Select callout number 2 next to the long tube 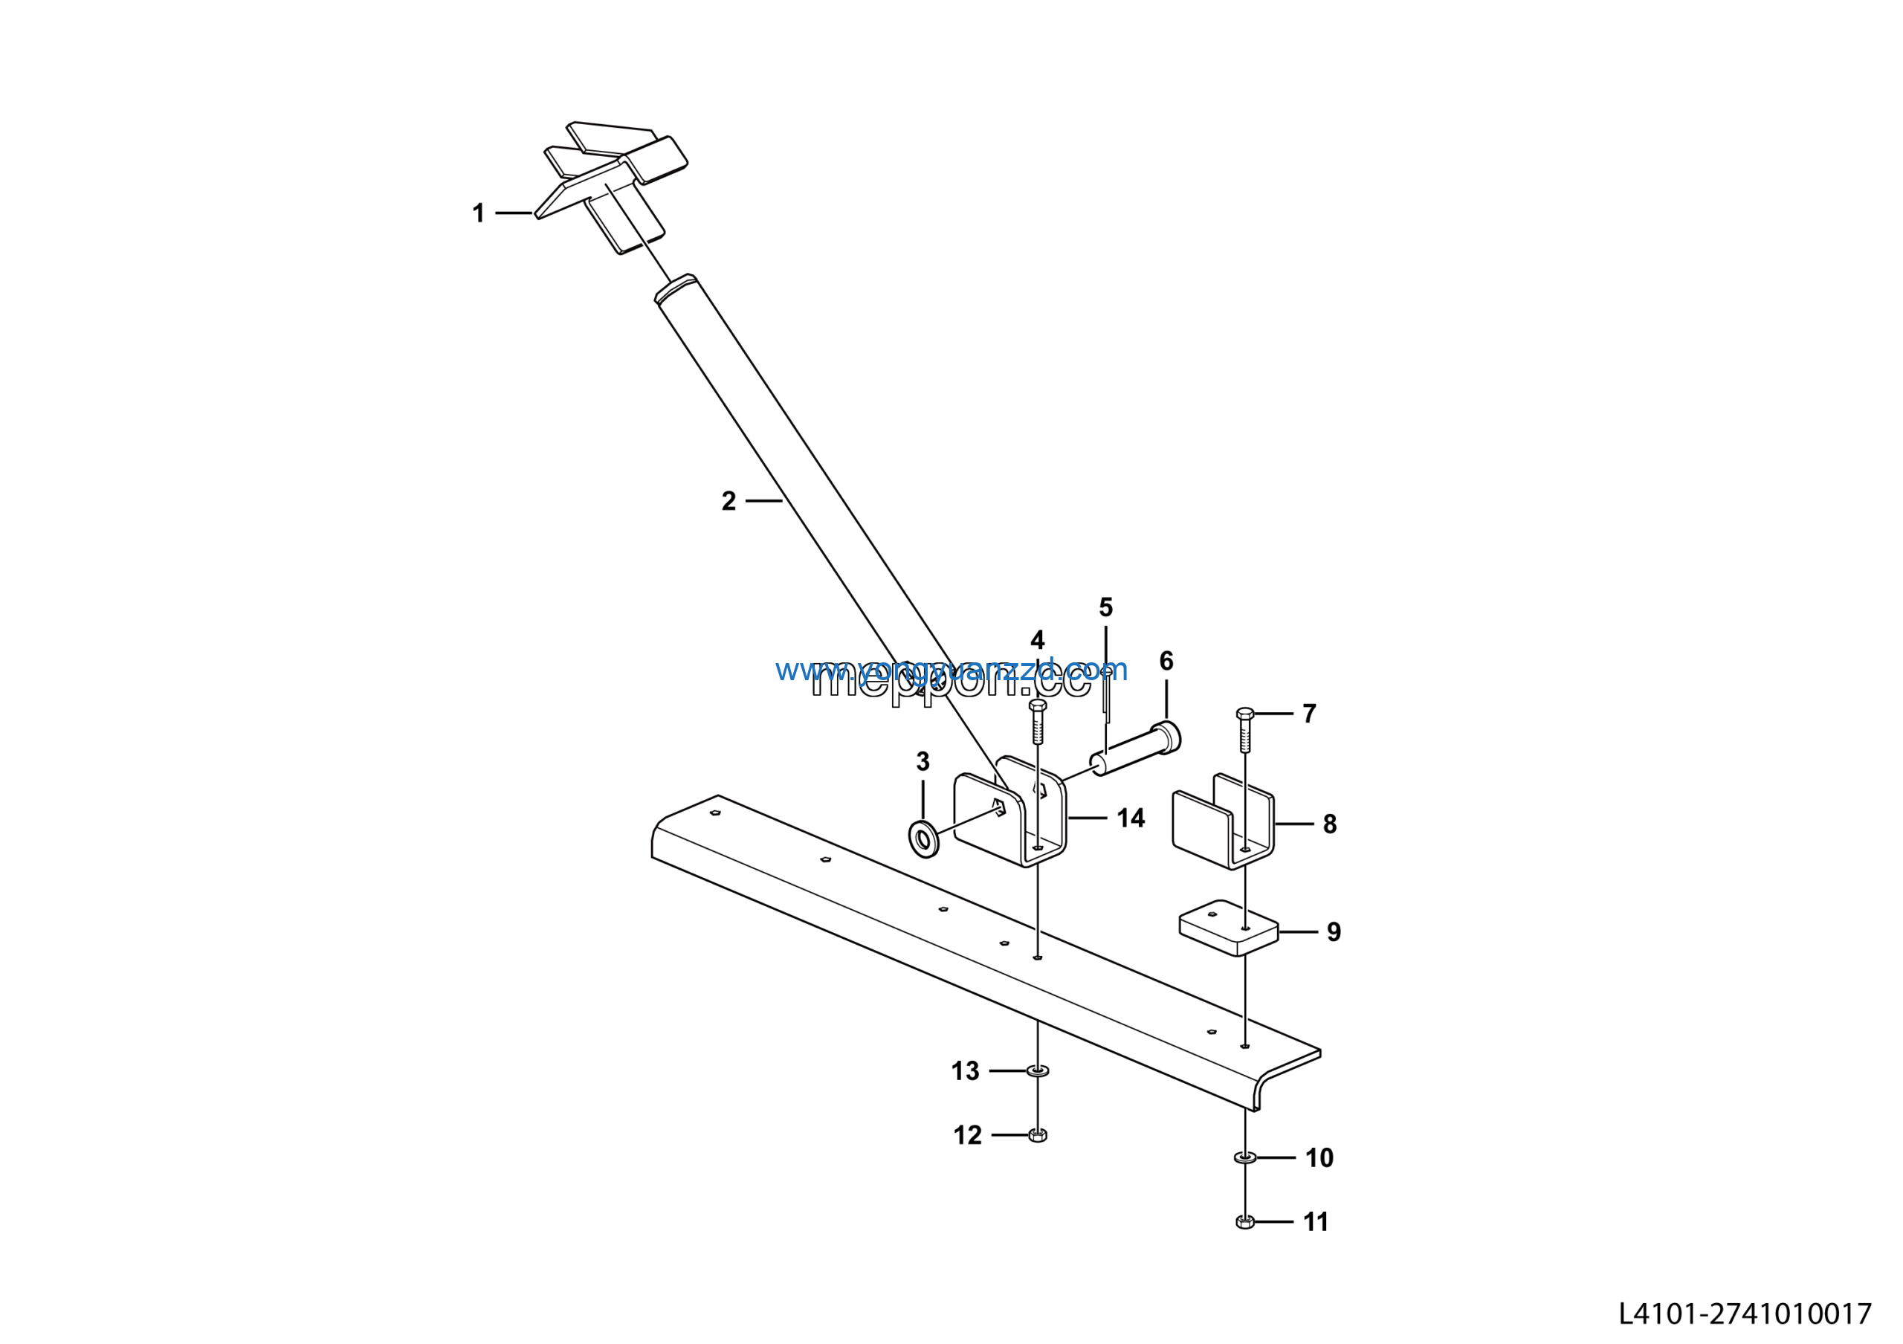728,501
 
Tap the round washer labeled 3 924,839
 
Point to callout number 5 1105,607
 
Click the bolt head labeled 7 1245,714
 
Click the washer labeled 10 1245,1157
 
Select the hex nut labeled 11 1245,1221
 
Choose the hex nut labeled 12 1038,1135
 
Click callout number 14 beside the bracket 1131,818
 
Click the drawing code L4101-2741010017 1745,1314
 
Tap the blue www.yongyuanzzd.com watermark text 951,669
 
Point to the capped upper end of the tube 676,288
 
